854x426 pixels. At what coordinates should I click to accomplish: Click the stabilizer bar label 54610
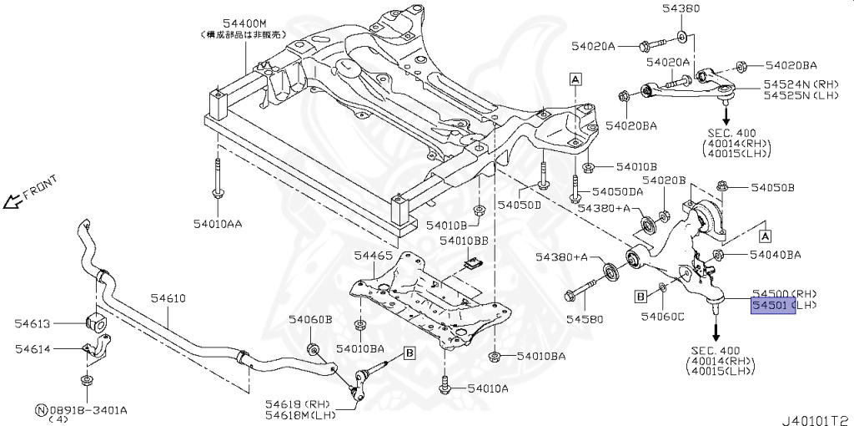168,298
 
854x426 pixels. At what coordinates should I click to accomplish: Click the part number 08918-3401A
87,409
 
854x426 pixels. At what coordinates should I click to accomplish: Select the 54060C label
662,316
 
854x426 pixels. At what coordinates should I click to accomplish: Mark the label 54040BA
775,254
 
